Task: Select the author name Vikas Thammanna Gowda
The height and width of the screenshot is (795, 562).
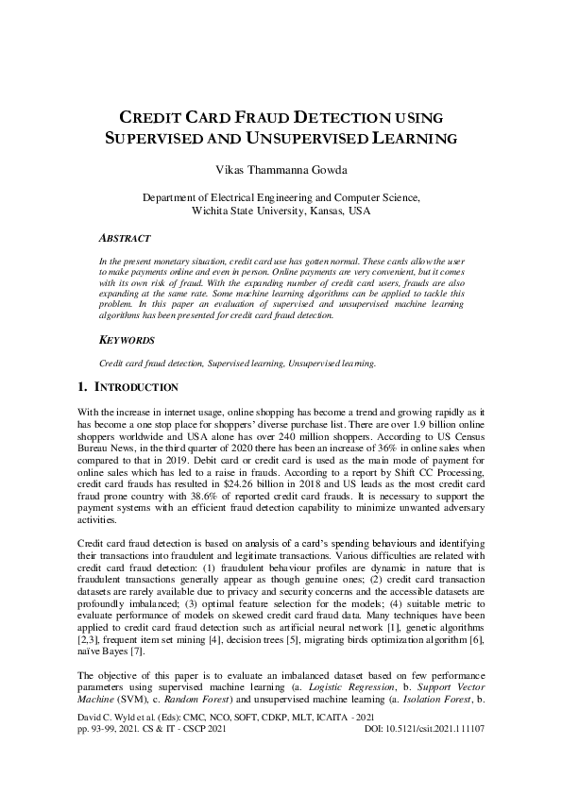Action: [281, 170]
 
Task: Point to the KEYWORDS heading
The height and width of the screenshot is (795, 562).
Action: [128, 338]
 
